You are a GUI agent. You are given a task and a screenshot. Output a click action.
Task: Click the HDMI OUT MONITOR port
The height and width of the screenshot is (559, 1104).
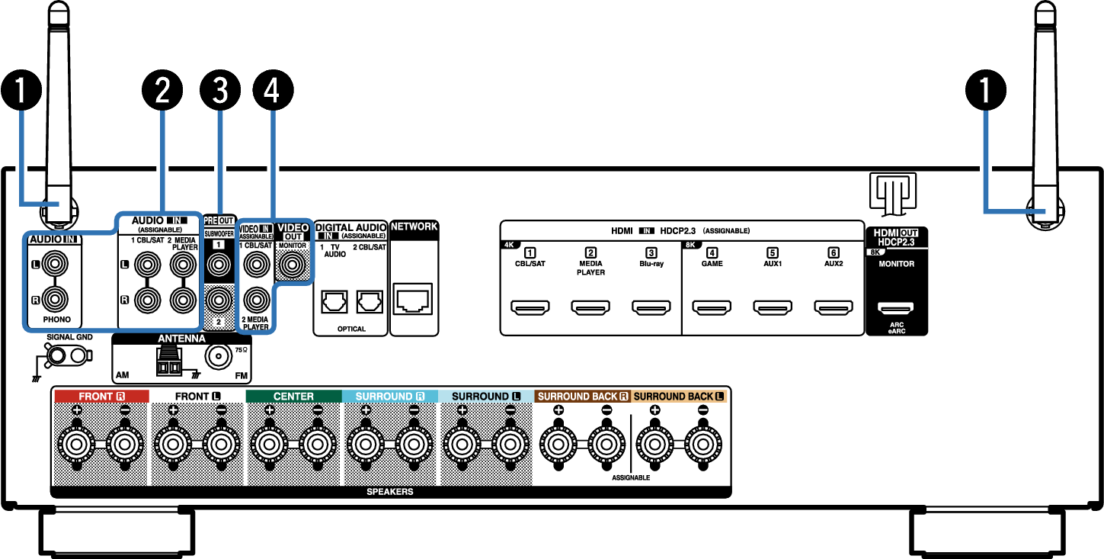tap(895, 309)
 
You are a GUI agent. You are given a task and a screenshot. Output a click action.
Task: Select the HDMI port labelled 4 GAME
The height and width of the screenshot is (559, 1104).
tap(712, 309)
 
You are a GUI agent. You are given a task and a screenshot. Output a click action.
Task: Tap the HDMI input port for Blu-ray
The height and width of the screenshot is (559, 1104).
tap(651, 309)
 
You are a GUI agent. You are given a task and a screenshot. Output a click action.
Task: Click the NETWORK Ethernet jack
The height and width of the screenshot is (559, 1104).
tap(413, 300)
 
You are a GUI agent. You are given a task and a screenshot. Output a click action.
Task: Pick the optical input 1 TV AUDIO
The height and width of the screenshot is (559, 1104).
tap(333, 302)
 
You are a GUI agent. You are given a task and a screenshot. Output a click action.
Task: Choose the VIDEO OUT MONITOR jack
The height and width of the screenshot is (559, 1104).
tap(292, 265)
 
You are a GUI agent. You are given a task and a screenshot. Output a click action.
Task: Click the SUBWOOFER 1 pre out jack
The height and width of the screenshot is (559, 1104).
tap(219, 265)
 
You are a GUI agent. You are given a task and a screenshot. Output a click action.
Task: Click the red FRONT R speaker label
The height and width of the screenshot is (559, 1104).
tap(101, 397)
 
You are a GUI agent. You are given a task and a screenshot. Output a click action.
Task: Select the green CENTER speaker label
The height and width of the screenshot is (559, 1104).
tap(293, 397)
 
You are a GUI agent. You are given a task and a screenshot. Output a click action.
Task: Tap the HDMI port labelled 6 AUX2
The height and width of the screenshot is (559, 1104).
tap(834, 309)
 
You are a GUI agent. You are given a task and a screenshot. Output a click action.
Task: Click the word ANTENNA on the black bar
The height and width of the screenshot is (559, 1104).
tap(181, 339)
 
